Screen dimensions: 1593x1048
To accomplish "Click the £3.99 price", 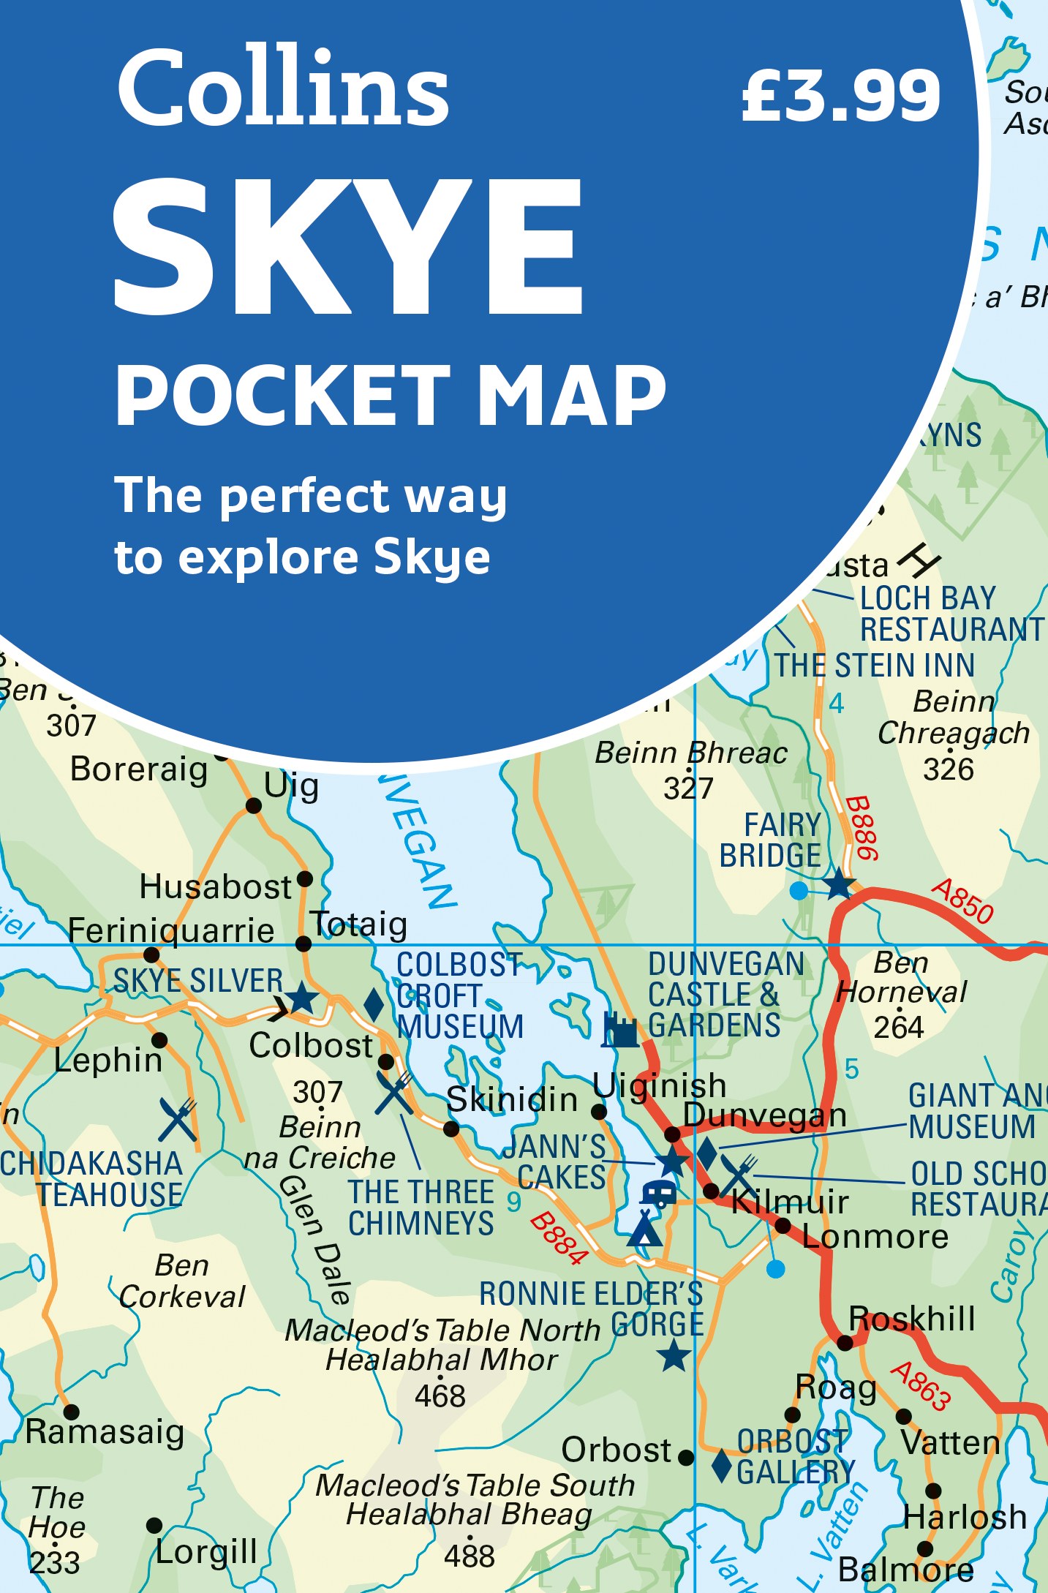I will pos(841,96).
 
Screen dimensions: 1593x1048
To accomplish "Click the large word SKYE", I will pos(348,248).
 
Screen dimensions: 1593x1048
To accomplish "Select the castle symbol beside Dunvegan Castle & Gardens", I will pos(620,1030).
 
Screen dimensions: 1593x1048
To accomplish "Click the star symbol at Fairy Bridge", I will pos(839,884).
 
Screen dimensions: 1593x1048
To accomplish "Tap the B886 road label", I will pos(862,828).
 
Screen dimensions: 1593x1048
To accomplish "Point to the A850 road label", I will pos(962,902).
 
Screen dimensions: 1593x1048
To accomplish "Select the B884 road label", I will pos(559,1238).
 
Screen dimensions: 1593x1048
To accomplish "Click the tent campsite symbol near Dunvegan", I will pos(644,1229).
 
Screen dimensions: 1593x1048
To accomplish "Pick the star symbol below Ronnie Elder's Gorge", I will pos(674,1356).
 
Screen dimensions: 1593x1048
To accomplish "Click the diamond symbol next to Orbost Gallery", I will pos(722,1465).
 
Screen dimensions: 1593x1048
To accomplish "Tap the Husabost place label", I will pos(216,887).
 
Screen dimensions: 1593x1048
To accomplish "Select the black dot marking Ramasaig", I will pos(71,1411).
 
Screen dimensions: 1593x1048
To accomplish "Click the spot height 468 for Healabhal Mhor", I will pos(440,1396).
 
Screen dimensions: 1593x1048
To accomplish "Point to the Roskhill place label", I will pos(912,1319).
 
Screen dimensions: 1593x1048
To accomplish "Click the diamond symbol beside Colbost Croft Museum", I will pos(374,1005).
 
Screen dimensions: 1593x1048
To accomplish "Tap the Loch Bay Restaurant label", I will pos(951,614).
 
